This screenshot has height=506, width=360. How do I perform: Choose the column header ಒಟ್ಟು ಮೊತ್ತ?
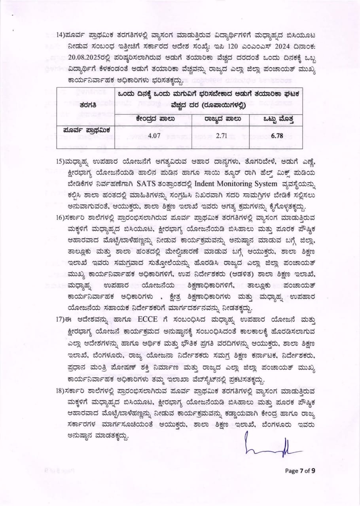coord(278,118)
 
